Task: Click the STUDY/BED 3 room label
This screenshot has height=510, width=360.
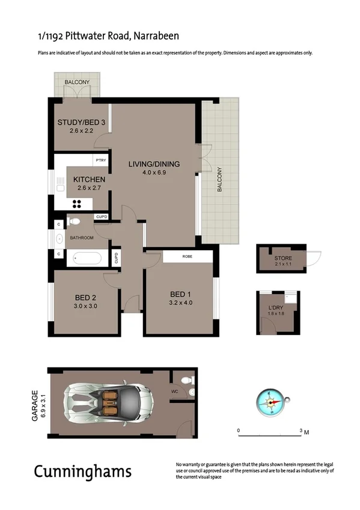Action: tap(81, 123)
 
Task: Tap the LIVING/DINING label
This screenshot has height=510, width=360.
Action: tap(154, 164)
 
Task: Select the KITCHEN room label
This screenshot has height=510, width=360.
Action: tap(90, 179)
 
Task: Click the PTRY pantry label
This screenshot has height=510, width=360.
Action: tap(100, 161)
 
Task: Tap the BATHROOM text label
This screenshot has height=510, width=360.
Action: tap(82, 238)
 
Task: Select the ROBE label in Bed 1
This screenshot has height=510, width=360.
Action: tap(187, 257)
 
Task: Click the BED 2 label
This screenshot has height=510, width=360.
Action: tap(86, 297)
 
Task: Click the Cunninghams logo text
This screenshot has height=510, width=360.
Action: tap(82, 471)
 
